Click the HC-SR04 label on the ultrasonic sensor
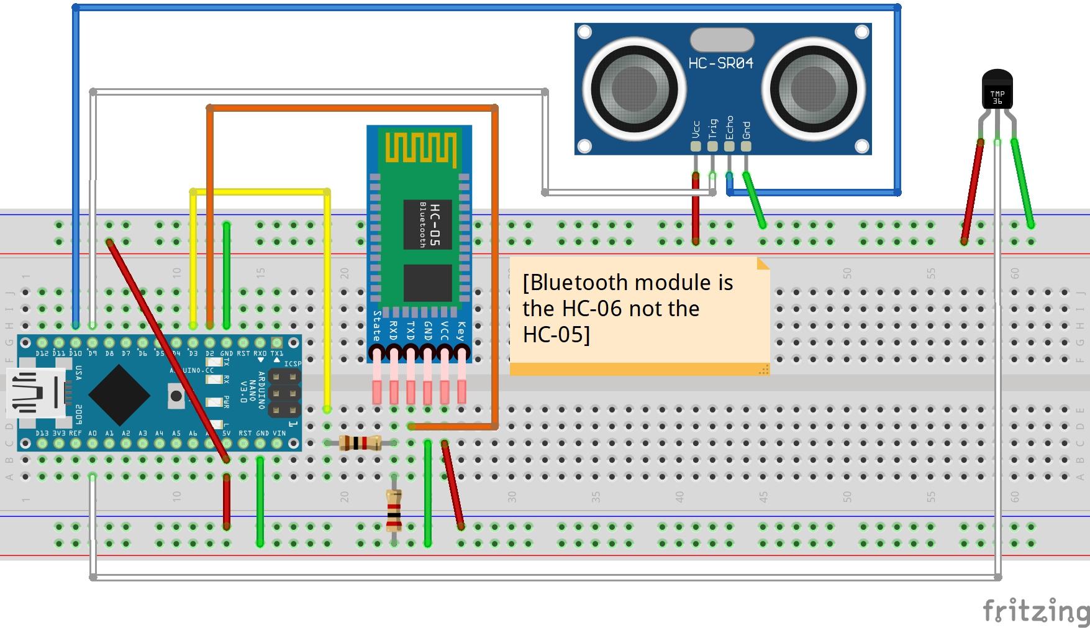point(720,63)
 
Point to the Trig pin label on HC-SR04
point(712,129)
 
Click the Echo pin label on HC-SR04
point(729,127)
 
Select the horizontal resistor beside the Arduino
point(361,443)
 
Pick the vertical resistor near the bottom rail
point(394,511)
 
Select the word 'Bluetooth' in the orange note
point(575,283)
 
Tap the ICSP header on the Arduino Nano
point(284,394)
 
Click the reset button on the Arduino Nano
point(176,396)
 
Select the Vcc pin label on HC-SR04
point(696,130)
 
